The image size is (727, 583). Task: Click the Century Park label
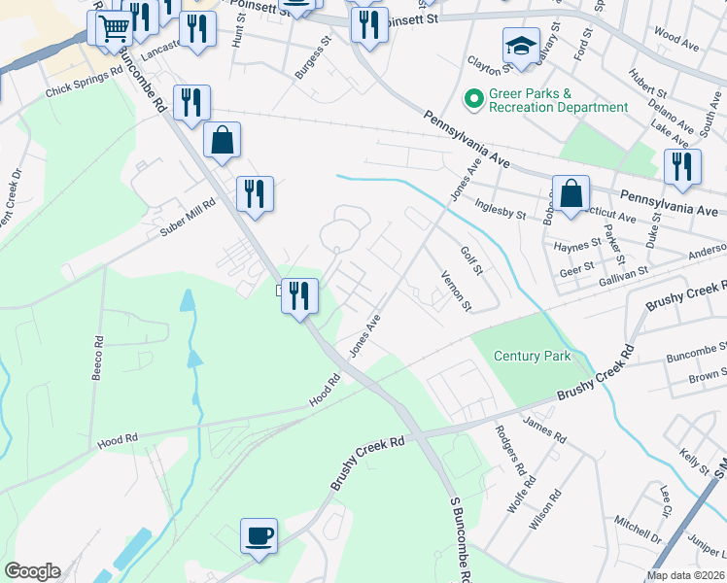click(x=532, y=357)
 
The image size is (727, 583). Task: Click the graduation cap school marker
click(x=521, y=47)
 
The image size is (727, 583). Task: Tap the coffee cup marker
click(x=260, y=535)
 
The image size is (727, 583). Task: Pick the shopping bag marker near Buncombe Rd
click(x=223, y=140)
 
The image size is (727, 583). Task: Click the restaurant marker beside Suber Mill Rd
click(x=255, y=193)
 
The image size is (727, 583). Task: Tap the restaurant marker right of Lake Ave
click(x=683, y=166)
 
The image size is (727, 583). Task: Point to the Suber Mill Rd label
click(x=188, y=217)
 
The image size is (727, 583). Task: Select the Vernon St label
click(x=456, y=291)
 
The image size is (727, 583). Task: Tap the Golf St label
click(x=471, y=259)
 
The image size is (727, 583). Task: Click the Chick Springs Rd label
click(x=84, y=83)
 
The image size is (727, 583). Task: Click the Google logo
click(x=32, y=571)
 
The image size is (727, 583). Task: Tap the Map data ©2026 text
click(x=685, y=575)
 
